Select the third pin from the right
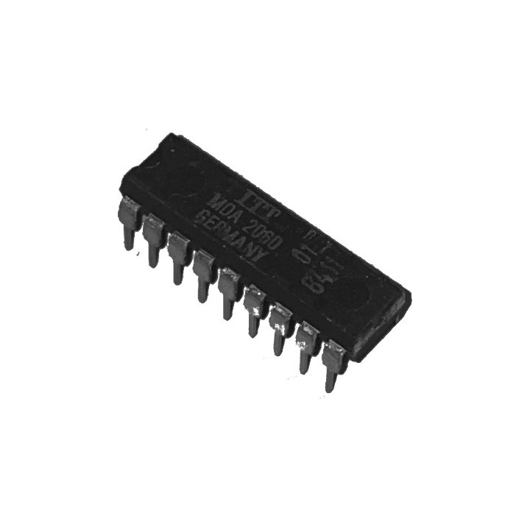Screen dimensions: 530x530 (279, 326)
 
